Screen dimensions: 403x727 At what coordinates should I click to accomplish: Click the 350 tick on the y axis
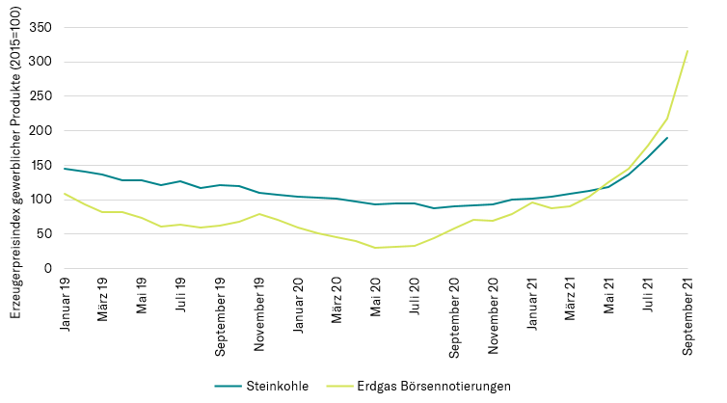(x=40, y=27)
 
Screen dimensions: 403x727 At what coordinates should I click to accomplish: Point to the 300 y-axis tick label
(x=40, y=62)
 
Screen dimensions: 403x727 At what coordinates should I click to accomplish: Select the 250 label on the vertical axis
(x=40, y=96)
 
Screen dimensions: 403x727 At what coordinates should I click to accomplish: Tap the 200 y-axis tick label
(x=40, y=131)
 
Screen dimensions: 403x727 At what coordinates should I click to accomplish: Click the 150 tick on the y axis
(x=40, y=165)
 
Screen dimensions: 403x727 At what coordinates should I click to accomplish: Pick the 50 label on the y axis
(x=43, y=234)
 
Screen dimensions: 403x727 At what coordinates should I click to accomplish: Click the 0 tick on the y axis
(x=47, y=269)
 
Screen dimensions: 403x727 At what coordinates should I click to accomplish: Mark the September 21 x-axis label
(x=688, y=314)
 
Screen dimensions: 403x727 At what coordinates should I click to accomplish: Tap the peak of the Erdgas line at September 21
(x=687, y=50)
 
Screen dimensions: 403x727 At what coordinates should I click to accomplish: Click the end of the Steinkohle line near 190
(x=667, y=138)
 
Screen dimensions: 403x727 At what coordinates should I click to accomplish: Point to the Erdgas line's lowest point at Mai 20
(x=376, y=248)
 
